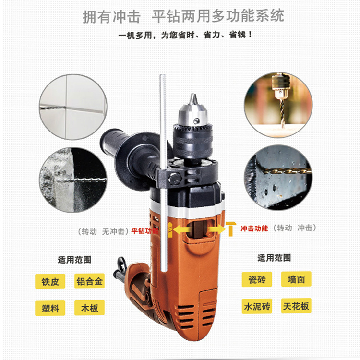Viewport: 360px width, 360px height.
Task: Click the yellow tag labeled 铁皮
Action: (50, 281)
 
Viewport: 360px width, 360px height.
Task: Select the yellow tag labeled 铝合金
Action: (90, 281)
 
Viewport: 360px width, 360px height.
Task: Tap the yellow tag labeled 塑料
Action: (50, 308)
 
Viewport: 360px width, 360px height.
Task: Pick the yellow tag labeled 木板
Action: (90, 308)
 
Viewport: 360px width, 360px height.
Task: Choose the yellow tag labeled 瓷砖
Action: (257, 279)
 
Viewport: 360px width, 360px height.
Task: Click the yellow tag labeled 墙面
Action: (297, 279)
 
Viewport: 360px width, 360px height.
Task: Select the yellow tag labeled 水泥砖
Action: (257, 306)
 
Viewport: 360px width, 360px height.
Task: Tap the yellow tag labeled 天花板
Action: (297, 306)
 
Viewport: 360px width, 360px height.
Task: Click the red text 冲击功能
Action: (254, 228)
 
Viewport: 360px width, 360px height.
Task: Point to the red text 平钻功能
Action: (145, 231)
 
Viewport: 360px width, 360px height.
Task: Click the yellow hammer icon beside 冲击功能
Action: (230, 228)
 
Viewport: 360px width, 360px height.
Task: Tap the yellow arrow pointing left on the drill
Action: (181, 229)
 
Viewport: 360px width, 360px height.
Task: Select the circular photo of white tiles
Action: (73, 107)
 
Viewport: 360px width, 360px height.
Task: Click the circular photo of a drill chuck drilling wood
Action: (278, 105)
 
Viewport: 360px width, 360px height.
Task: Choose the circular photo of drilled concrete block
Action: (73, 180)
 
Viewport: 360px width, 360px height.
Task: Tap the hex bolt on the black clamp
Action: (175, 178)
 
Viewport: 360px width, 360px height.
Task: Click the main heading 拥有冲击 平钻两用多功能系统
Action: (183, 16)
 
